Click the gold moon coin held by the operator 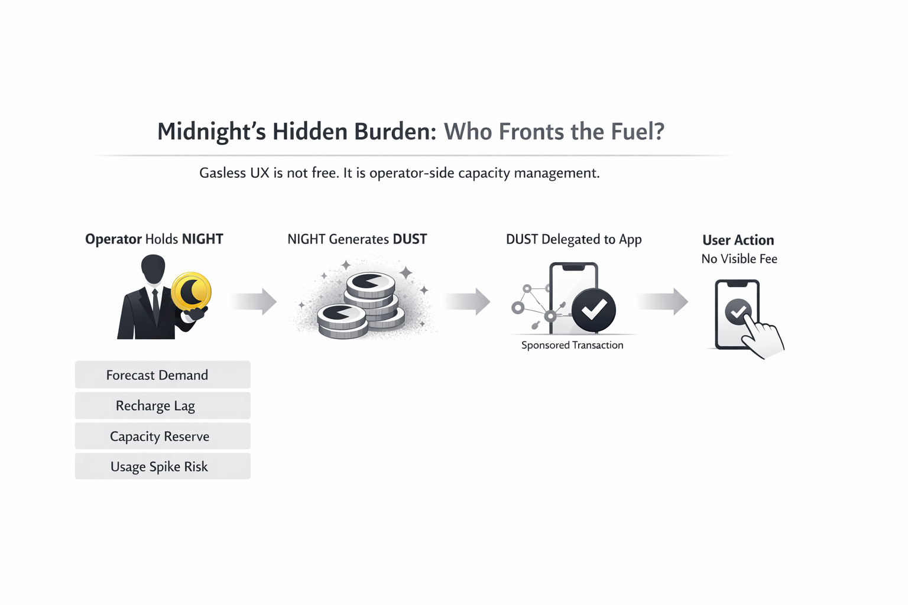pyautogui.click(x=191, y=291)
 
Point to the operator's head pyautogui.click(x=153, y=269)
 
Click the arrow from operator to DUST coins pyautogui.click(x=254, y=302)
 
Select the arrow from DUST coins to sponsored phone pyautogui.click(x=468, y=302)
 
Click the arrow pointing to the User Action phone pyautogui.click(x=664, y=302)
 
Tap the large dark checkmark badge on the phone pyautogui.click(x=594, y=310)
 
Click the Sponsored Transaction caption pyautogui.click(x=572, y=345)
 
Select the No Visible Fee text pyautogui.click(x=739, y=259)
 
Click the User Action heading pyautogui.click(x=738, y=240)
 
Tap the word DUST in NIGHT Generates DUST pyautogui.click(x=410, y=239)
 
